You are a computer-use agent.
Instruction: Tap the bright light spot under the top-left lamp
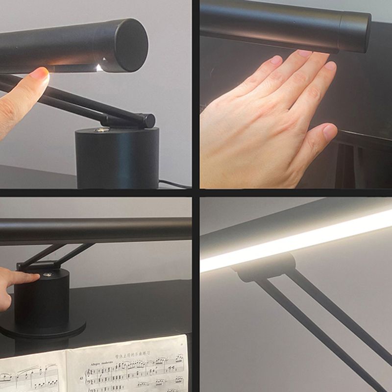[99, 68]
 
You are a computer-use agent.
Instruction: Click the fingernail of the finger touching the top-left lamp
[40, 74]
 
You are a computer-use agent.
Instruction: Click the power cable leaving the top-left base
[174, 184]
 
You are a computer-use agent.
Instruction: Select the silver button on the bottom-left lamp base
[48, 275]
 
